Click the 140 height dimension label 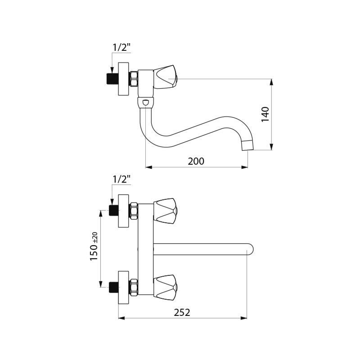[x=265, y=114]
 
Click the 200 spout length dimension [x=196, y=161]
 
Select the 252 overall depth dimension [x=182, y=312]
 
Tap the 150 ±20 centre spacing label [x=94, y=246]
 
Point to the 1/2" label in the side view [x=121, y=48]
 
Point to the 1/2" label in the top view [x=121, y=179]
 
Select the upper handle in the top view [x=165, y=211]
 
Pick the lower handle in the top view [x=165, y=287]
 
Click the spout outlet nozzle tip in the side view [x=248, y=144]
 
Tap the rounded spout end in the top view [x=250, y=249]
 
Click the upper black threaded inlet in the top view [x=113, y=211]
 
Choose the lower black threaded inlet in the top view [x=113, y=287]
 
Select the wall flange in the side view [x=123, y=79]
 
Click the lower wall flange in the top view [x=123, y=288]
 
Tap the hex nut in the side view [x=134, y=79]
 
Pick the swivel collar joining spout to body [x=146, y=103]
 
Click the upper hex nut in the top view [x=134, y=211]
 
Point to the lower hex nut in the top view [x=134, y=287]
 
